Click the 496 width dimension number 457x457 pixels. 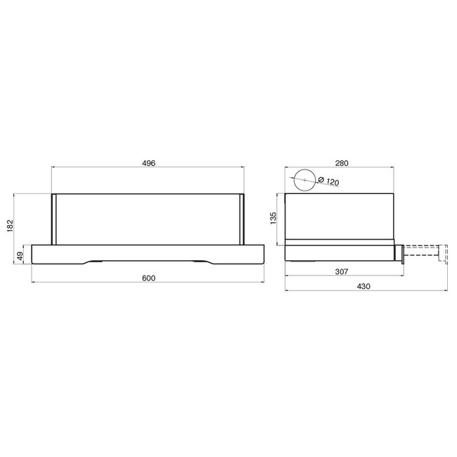[148, 163]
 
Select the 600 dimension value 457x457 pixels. [148, 278]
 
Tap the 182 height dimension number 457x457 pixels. [11, 226]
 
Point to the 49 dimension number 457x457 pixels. [20, 257]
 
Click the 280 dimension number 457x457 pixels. [342, 163]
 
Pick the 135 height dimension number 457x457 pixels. [273, 218]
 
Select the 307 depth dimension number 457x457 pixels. [342, 271]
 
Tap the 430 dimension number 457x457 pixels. [363, 286]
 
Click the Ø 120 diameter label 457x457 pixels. [328, 181]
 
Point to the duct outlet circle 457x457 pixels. [305, 169]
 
